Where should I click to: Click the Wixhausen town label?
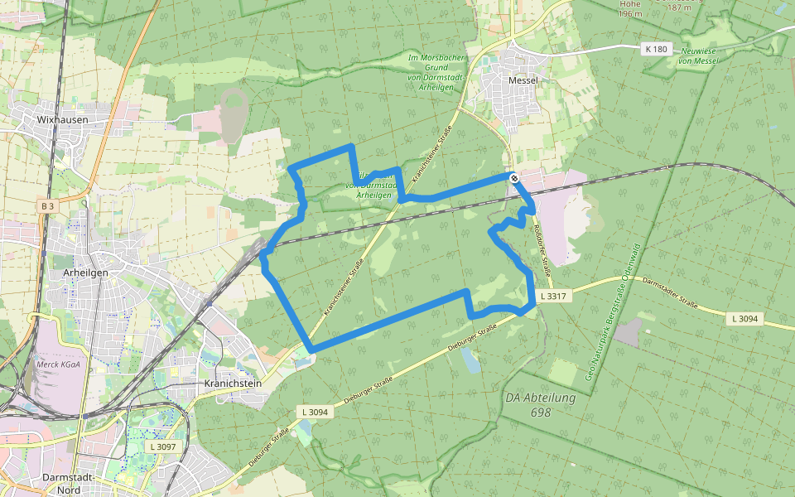62,119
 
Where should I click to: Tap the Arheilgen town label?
87,273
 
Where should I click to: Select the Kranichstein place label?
233,384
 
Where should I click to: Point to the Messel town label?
523,80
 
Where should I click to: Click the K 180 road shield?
655,49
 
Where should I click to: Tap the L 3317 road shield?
553,296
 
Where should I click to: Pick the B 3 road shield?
47,205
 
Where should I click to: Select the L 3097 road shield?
163,446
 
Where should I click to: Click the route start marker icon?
514,177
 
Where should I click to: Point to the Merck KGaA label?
58,364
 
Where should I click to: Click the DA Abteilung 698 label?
540,405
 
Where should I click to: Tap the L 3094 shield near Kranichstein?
315,412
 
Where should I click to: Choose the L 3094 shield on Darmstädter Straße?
745,318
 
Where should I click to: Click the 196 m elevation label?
630,9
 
